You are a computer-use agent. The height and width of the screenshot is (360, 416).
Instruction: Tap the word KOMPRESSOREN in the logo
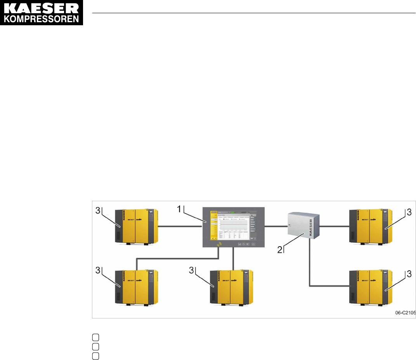pyautogui.click(x=42, y=19)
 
